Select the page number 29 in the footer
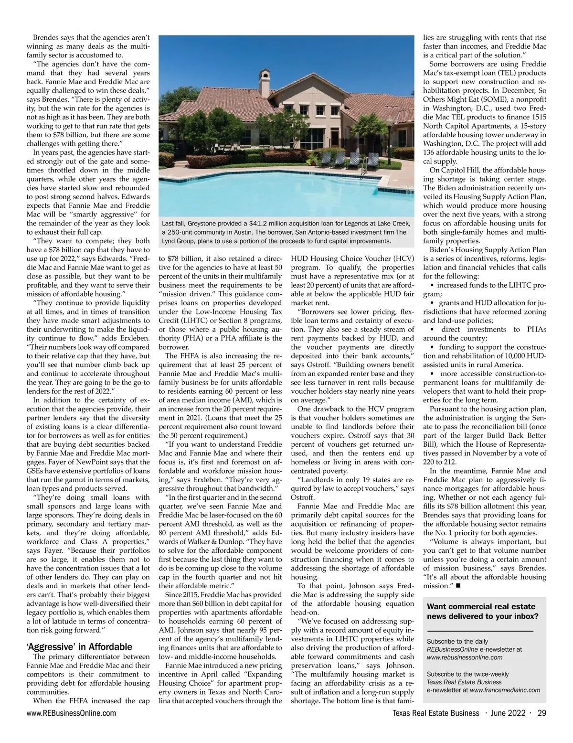point(541,713)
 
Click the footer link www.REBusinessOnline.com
point(71,713)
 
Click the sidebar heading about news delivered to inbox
point(482,611)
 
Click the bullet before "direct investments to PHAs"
point(432,330)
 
